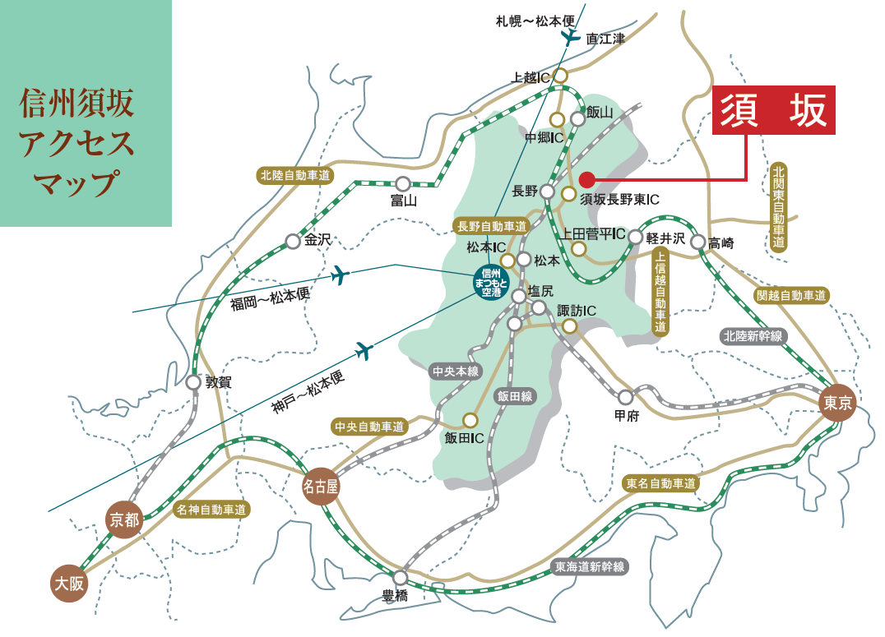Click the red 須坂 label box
point(773,110)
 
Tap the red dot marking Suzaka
point(586,178)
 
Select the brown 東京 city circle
point(838,403)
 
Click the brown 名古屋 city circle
point(321,487)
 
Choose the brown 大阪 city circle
point(69,584)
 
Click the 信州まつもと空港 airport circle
point(491,281)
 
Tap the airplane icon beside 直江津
point(570,37)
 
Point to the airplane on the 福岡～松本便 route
point(340,275)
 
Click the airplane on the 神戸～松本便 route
point(364,351)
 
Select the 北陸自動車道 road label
point(294,175)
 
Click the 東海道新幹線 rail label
point(590,566)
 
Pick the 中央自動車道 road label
point(370,427)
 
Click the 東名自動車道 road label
point(661,482)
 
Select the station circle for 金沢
point(293,242)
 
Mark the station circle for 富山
point(403,184)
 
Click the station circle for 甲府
point(625,397)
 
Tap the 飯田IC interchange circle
point(470,420)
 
